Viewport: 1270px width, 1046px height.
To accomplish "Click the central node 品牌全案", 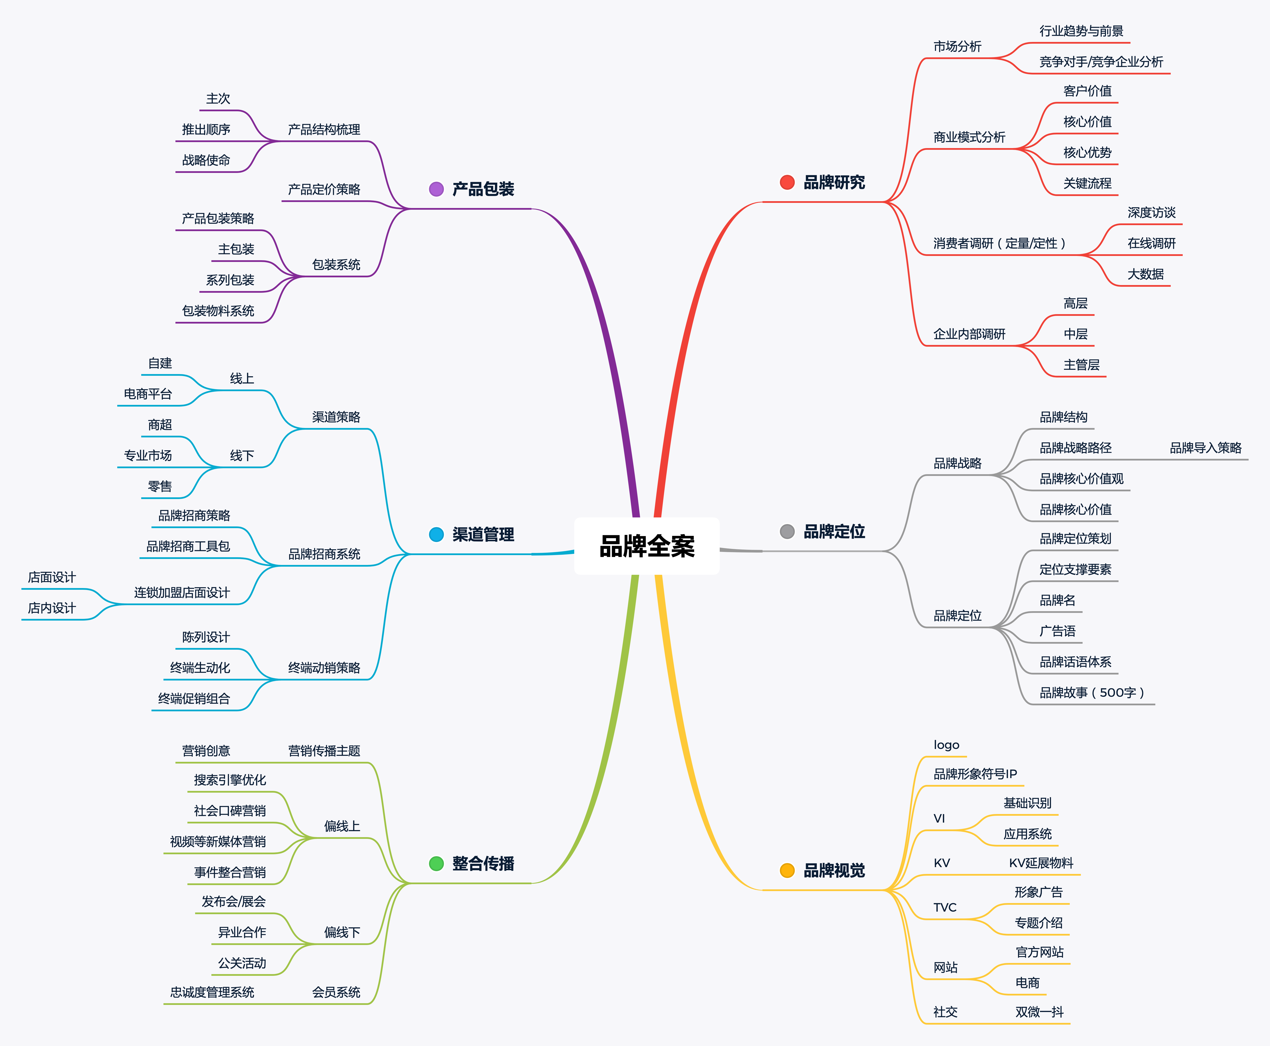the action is [x=647, y=546].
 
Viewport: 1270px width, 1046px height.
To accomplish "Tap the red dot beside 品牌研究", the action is [x=787, y=182].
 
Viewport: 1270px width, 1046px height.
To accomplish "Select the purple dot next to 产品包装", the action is [x=436, y=189].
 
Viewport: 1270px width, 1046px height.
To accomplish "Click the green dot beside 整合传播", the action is [x=436, y=863].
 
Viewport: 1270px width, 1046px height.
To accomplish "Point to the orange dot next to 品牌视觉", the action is [x=787, y=870].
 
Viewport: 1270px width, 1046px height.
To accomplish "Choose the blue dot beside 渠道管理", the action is [x=436, y=534].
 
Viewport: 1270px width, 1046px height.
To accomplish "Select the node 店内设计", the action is [x=52, y=608].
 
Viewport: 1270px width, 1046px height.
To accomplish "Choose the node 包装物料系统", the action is [x=218, y=311].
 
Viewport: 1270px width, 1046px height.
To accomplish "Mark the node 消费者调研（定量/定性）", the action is [x=999, y=244].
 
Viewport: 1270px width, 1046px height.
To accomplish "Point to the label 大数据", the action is [x=1145, y=274].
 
